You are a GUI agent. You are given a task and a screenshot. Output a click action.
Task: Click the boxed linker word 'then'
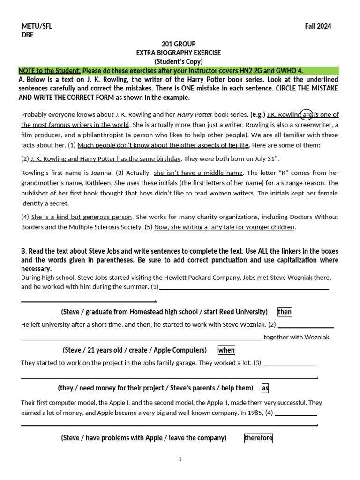pos(285,312)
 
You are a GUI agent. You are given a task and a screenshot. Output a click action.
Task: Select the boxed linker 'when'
pos(226,350)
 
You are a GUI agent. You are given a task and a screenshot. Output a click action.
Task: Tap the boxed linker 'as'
pos(265,388)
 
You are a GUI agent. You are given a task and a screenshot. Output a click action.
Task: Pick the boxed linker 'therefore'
pos(258,438)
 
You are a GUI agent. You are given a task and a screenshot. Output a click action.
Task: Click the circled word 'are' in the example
pos(307,114)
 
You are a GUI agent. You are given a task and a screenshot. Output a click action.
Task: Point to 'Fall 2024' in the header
pos(318,26)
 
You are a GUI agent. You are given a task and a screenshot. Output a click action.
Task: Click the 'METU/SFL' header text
pos(37,26)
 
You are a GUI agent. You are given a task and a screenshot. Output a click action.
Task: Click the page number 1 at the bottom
pos(180,459)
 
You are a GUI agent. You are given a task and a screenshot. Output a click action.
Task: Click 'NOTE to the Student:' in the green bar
pos(50,71)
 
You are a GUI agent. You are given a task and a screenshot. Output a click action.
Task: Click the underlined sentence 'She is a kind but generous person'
pos(82,217)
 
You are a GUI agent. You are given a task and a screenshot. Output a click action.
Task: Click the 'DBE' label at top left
pos(28,35)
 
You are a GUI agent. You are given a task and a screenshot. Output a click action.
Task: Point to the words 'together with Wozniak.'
pos(297,337)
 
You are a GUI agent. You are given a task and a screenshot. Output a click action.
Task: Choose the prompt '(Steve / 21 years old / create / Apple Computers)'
pos(135,350)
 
